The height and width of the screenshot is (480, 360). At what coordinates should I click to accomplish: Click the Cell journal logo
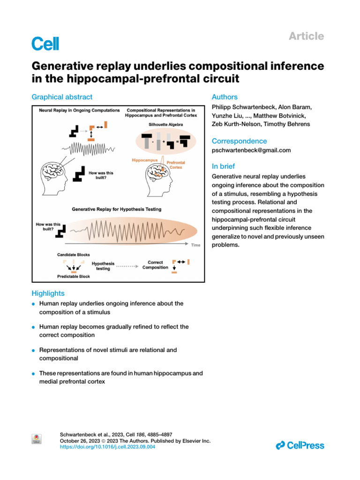(45, 44)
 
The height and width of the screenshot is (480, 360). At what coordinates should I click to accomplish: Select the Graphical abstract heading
(62, 97)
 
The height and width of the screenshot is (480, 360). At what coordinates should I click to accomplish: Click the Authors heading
(225, 97)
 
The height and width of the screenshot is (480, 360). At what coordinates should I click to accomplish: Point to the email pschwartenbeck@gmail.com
(251, 150)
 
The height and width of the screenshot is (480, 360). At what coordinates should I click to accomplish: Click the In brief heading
(224, 166)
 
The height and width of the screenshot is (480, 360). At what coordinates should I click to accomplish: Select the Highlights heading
(48, 293)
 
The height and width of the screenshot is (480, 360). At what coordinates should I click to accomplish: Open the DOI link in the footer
(108, 447)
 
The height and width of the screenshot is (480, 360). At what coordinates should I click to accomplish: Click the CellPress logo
(300, 445)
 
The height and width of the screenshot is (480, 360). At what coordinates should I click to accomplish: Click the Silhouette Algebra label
(163, 125)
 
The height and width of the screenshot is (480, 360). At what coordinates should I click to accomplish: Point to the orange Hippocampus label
(144, 160)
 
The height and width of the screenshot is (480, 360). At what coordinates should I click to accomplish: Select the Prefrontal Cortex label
(176, 165)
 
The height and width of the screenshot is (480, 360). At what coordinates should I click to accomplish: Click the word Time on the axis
(195, 245)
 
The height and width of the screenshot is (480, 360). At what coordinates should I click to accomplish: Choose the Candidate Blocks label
(71, 255)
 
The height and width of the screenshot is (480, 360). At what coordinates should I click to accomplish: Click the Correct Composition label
(155, 265)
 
